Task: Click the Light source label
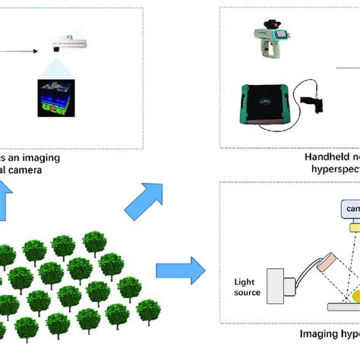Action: tap(247, 286)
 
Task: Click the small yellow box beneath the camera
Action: tap(354, 226)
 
